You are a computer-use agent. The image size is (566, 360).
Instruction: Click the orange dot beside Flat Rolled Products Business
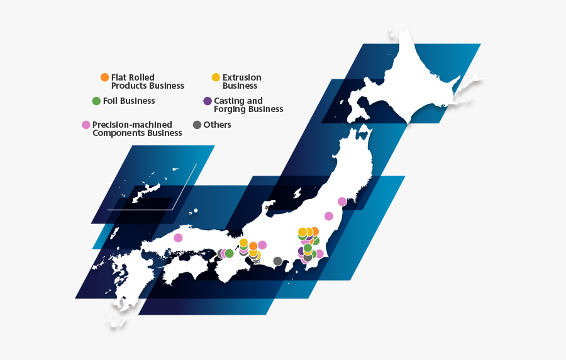pyautogui.click(x=104, y=77)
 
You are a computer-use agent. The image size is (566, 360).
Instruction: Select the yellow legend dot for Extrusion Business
pyautogui.click(x=216, y=77)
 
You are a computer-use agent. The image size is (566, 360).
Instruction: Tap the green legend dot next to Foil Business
pyautogui.click(x=96, y=101)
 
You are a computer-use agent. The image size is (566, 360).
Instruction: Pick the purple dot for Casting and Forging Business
pyautogui.click(x=208, y=101)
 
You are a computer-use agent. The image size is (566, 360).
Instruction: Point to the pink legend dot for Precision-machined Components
pyautogui.click(x=86, y=125)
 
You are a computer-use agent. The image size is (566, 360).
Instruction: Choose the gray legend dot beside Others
pyautogui.click(x=197, y=125)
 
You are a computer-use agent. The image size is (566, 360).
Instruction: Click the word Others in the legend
pyautogui.click(x=217, y=125)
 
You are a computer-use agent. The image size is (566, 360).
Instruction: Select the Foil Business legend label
pyautogui.click(x=129, y=101)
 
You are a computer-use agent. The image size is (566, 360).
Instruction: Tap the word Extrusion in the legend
pyautogui.click(x=241, y=77)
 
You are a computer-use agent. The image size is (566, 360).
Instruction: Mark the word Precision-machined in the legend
pyautogui.click(x=132, y=125)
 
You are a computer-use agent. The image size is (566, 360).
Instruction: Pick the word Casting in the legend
pyautogui.click(x=230, y=101)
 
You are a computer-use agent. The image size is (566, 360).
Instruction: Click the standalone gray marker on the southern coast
pyautogui.click(x=277, y=261)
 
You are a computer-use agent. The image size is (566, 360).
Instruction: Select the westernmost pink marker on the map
pyautogui.click(x=178, y=238)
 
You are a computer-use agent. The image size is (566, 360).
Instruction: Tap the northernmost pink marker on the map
pyautogui.click(x=342, y=201)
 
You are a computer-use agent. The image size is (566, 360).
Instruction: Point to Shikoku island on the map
pyautogui.click(x=189, y=271)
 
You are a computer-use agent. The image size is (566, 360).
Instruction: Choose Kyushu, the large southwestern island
pyautogui.click(x=126, y=283)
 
